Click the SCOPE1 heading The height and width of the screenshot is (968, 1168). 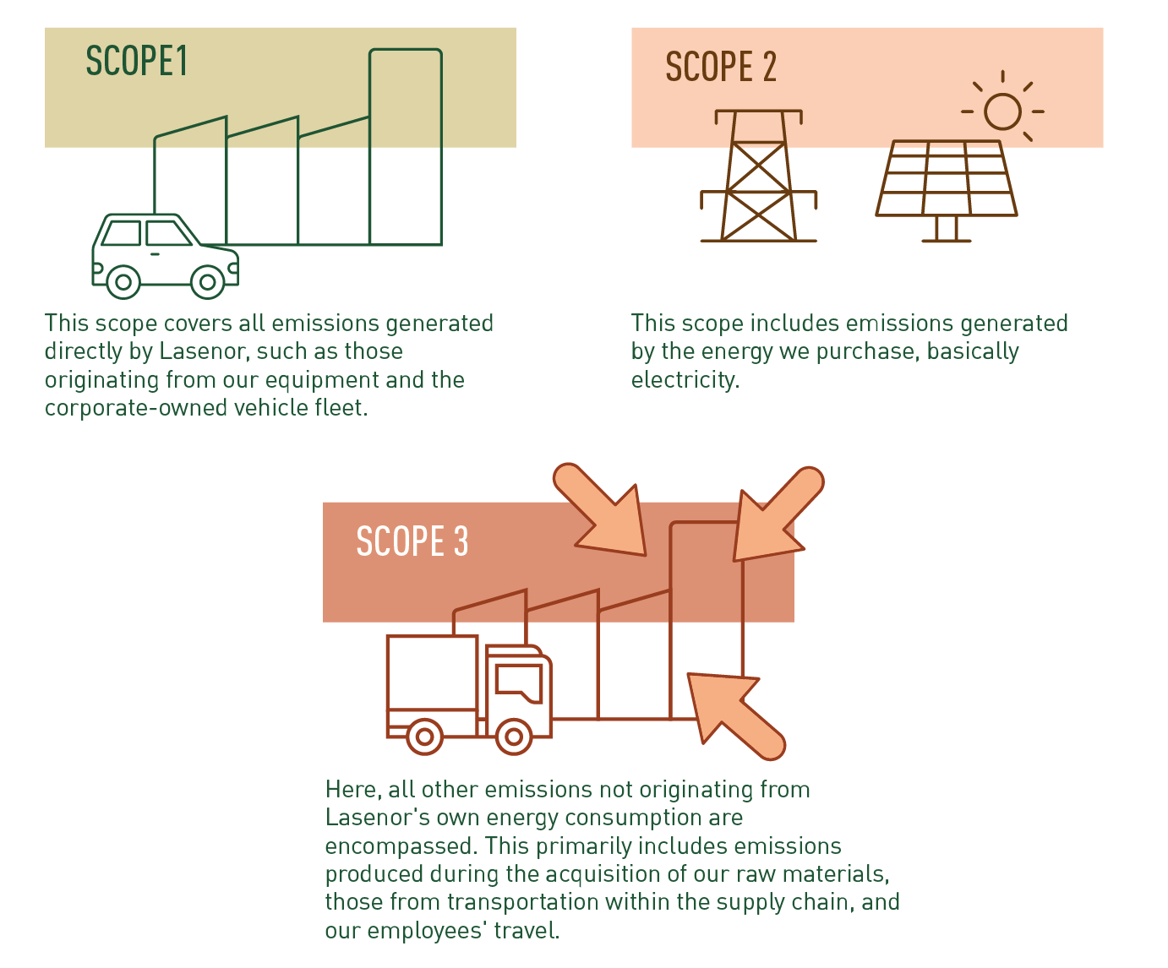[136, 62]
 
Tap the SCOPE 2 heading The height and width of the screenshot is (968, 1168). [720, 67]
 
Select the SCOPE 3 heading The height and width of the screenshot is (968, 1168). [412, 541]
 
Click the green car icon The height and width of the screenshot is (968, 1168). [165, 254]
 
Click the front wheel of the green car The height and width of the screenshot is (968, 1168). [207, 282]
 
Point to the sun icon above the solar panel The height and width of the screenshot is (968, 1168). [1002, 111]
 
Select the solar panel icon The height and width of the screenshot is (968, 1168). [946, 181]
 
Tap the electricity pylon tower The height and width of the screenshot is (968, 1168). [758, 177]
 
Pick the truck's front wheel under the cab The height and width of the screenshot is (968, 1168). [513, 737]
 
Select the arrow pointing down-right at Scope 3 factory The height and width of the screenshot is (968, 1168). [603, 512]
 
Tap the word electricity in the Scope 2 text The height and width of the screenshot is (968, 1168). [685, 380]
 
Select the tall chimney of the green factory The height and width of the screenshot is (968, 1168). [406, 147]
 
